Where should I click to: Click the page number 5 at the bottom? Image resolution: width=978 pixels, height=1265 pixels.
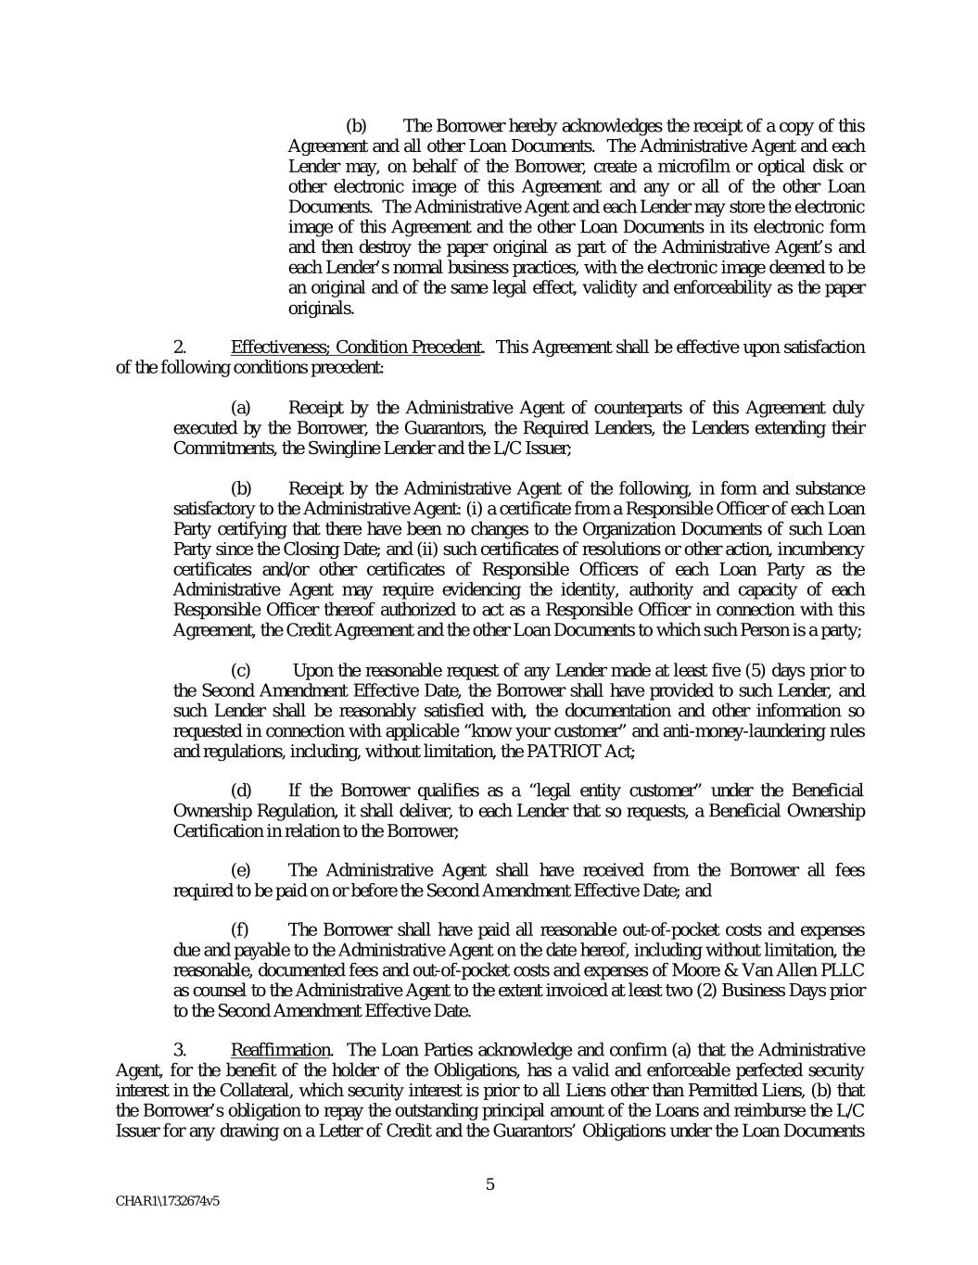coord(490,1183)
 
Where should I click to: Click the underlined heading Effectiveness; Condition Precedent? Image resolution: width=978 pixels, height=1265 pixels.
coord(356,348)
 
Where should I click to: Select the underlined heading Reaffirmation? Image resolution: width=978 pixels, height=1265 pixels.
coord(280,1050)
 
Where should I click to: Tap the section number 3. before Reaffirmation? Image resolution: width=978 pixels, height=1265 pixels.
coord(181,1050)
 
